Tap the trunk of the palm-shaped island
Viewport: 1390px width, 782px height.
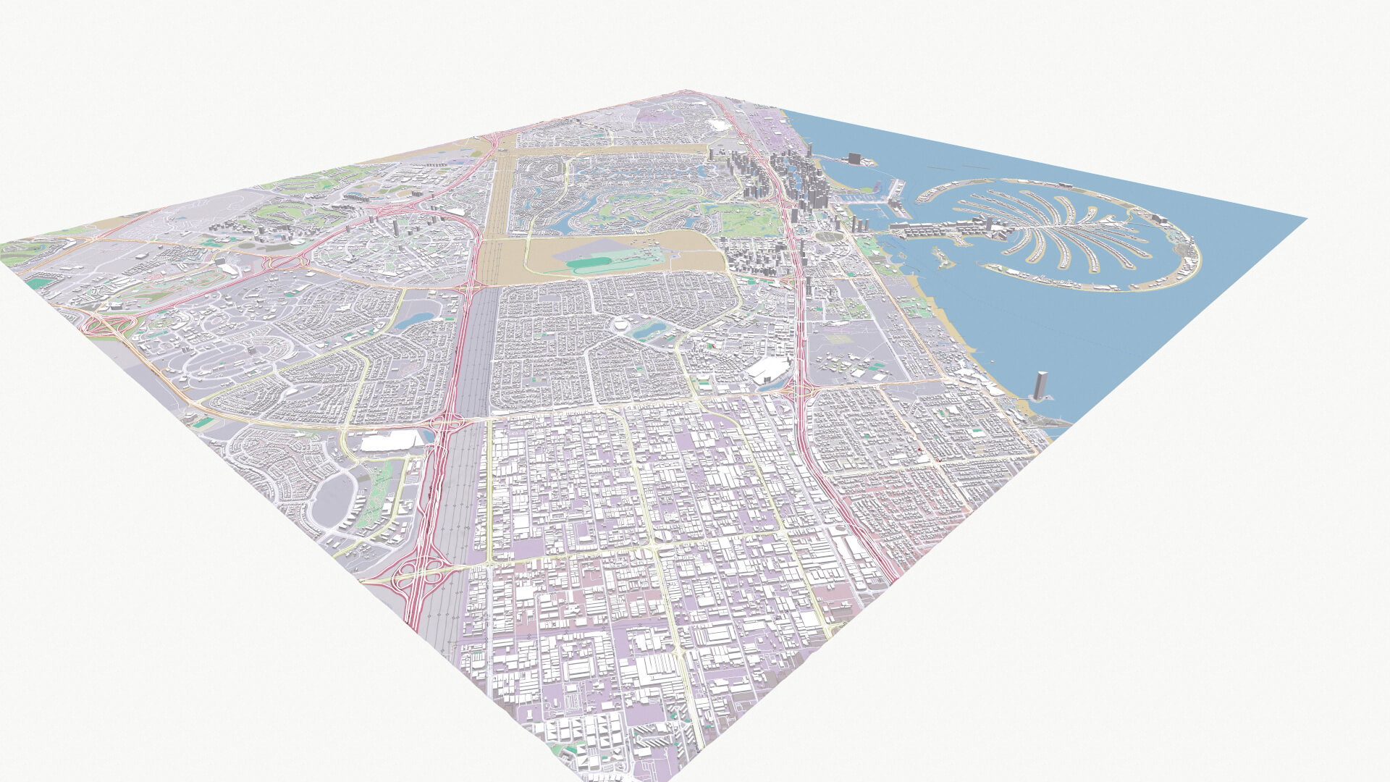click(x=941, y=230)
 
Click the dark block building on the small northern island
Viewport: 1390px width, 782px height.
click(x=855, y=159)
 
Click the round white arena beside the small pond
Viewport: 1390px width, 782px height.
click(x=623, y=326)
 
